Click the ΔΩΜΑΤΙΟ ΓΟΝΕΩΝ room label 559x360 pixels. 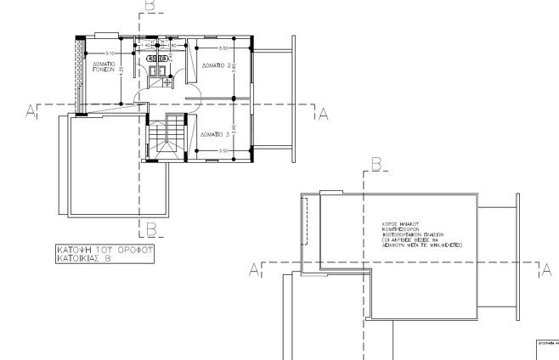[104, 69]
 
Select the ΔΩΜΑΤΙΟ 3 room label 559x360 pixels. [214, 134]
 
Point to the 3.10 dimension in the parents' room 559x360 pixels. [110, 53]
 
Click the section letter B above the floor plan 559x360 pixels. [150, 7]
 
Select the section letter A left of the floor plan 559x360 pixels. [31, 113]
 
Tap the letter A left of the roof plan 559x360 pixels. [253, 270]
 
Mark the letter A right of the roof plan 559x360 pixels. [548, 270]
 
